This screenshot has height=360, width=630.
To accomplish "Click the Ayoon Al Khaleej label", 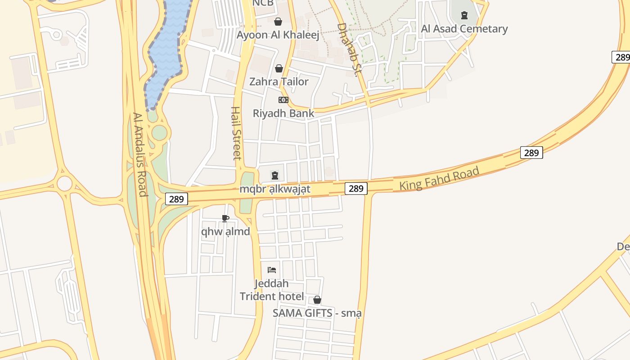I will click(x=278, y=35).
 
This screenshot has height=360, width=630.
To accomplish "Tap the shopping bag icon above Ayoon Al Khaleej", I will click(x=278, y=22).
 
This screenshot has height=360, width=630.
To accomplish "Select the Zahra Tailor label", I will click(x=279, y=82).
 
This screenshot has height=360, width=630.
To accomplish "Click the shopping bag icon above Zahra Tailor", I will click(x=279, y=68).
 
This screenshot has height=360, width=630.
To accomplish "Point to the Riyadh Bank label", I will click(x=283, y=113).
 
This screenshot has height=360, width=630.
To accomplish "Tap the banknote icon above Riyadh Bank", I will click(x=283, y=100).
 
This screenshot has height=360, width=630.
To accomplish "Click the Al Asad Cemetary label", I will click(x=464, y=29).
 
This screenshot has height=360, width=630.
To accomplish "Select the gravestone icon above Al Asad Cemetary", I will click(x=464, y=15).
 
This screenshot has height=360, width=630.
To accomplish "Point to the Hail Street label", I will click(x=236, y=133).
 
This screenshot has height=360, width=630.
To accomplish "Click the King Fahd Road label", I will click(x=439, y=179).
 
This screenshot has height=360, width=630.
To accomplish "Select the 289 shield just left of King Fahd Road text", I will click(x=356, y=189).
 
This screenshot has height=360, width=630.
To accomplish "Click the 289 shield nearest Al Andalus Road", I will click(x=176, y=199).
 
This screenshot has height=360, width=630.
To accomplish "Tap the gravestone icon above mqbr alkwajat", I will click(x=275, y=175).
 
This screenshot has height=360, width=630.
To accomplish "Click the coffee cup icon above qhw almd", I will click(x=225, y=219).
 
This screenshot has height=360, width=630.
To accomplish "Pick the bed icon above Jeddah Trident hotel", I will click(x=272, y=270).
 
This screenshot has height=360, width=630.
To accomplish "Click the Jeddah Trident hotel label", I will click(x=272, y=290).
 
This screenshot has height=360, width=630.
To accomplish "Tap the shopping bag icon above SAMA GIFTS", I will click(x=317, y=300).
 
